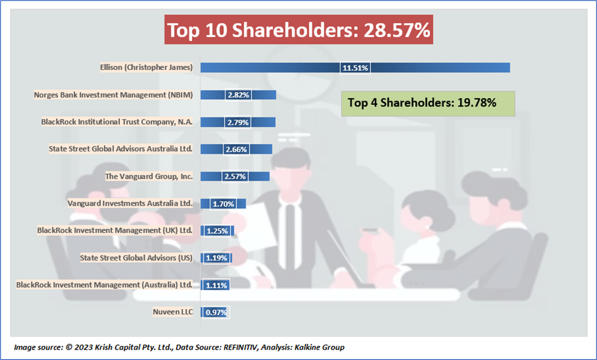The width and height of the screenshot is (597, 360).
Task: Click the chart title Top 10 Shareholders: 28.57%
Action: point(298,30)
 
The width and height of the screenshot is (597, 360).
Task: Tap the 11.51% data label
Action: point(355,68)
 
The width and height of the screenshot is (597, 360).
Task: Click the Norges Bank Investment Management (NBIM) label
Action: point(114,95)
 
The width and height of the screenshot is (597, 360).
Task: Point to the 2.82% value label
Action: point(239,95)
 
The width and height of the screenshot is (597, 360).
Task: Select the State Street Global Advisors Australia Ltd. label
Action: point(121,149)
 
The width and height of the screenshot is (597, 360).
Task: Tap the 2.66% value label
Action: point(236,150)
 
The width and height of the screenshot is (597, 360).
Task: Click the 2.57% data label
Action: point(235,176)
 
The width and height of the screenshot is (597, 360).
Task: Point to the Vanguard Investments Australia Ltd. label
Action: point(130,203)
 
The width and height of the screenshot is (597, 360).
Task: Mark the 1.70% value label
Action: point(223,204)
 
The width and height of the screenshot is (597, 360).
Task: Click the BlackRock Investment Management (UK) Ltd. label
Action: point(115,230)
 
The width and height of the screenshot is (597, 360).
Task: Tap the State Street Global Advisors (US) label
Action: point(136,258)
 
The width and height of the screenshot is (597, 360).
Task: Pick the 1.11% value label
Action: point(216,285)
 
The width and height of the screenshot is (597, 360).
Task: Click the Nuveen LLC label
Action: point(173,312)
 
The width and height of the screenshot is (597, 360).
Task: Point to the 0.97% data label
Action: point(216,312)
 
